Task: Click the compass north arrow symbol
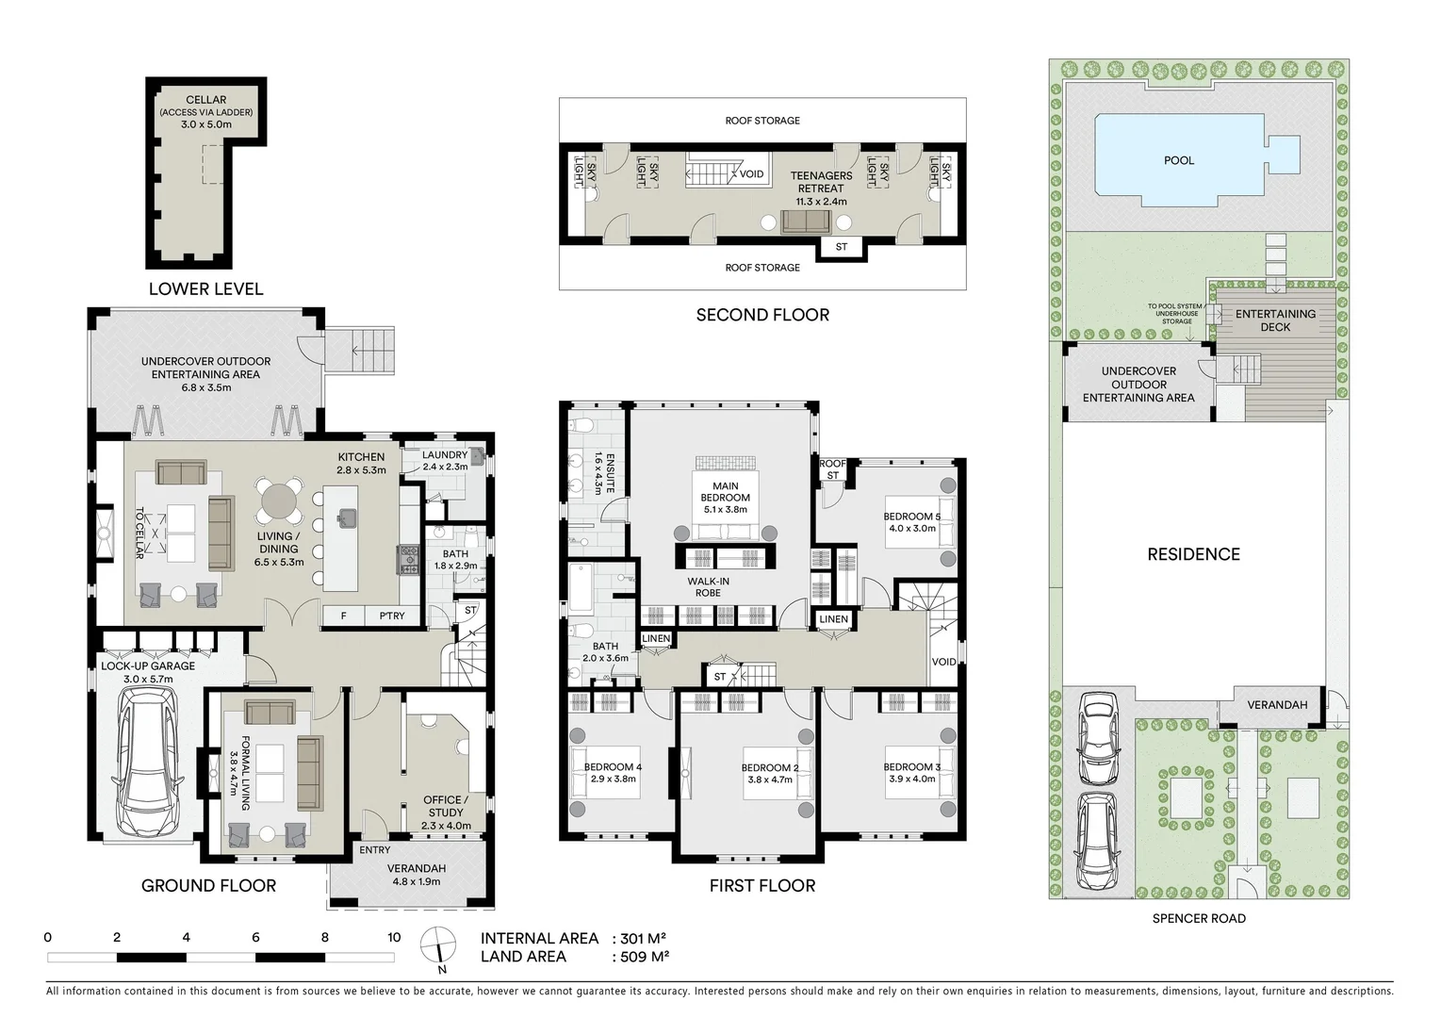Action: click(438, 945)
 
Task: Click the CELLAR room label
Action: click(205, 100)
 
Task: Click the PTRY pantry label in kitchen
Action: click(392, 616)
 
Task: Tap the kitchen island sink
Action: click(346, 516)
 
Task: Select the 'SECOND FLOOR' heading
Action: click(762, 315)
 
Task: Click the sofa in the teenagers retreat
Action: click(806, 222)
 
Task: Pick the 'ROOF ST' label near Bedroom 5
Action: click(832, 469)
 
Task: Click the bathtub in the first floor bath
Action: click(581, 587)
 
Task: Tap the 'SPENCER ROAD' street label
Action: click(1199, 918)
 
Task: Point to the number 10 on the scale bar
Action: click(394, 938)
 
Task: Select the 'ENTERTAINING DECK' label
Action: click(1275, 320)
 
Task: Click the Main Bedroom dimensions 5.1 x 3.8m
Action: click(725, 509)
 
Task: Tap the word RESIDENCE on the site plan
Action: click(1193, 554)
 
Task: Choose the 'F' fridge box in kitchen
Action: click(344, 616)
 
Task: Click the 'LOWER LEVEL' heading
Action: click(205, 289)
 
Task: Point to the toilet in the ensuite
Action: click(582, 425)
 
